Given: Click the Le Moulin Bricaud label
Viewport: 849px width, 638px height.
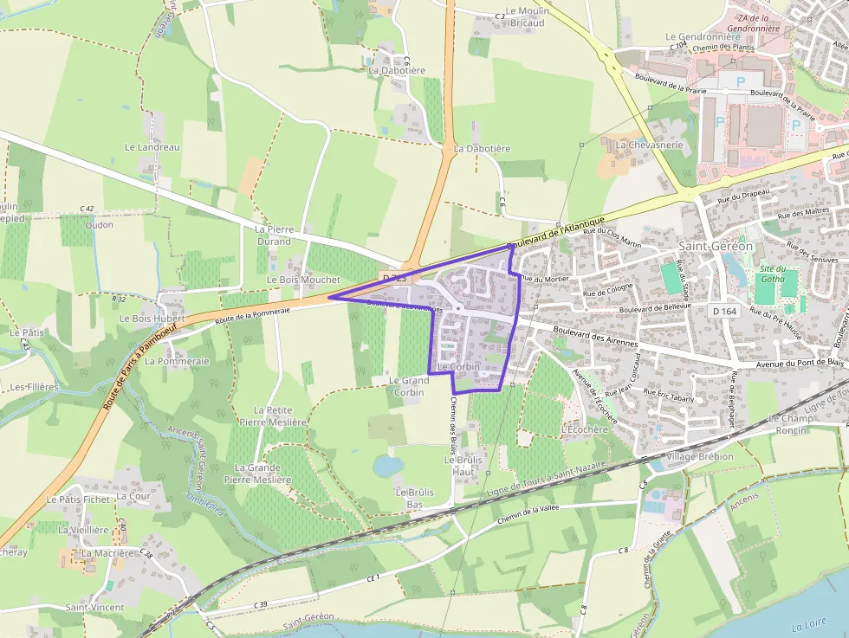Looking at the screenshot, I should (525, 17).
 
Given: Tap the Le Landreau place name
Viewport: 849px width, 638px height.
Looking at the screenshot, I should (152, 147).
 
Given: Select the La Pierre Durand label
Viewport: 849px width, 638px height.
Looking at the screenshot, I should (273, 235).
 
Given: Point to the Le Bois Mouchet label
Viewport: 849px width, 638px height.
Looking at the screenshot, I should (303, 280).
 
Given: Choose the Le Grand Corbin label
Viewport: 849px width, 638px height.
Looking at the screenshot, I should (409, 386).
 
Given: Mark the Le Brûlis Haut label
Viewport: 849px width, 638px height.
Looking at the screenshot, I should (463, 466).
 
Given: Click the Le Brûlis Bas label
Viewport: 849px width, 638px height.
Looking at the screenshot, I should (414, 498).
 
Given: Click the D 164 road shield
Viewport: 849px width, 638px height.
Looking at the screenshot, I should (723, 311).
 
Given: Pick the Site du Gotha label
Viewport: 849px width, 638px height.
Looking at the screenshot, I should (773, 274).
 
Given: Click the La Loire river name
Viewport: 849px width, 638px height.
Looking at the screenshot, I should (810, 626).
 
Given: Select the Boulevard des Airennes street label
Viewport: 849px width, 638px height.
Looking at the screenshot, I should (594, 336).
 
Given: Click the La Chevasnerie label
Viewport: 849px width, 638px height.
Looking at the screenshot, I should (649, 145).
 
